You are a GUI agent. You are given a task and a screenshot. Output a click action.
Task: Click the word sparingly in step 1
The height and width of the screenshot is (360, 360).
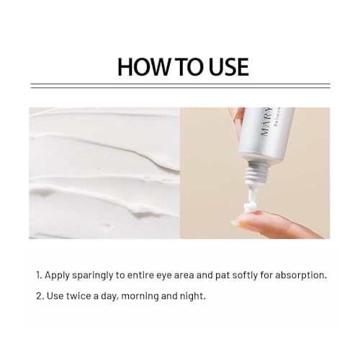click(x=92, y=276)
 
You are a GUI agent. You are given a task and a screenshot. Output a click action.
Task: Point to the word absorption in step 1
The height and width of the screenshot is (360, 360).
click(x=301, y=275)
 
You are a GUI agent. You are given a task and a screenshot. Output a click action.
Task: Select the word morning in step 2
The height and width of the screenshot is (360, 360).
click(x=140, y=297)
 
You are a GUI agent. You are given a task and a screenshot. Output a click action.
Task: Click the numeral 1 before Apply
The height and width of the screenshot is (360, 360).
click(x=39, y=275)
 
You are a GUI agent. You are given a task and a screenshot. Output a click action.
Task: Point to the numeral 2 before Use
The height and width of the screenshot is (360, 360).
click(x=40, y=296)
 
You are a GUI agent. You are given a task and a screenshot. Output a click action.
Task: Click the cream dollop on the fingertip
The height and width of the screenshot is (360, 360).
click(x=251, y=207)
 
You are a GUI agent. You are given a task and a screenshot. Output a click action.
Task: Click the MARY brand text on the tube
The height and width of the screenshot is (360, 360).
click(x=266, y=122)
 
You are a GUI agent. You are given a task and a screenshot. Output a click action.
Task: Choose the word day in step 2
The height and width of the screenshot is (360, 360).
click(x=109, y=297)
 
